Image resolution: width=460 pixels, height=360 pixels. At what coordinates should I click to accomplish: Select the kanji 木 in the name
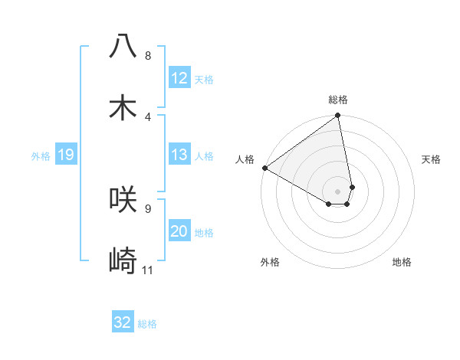pos(123,106)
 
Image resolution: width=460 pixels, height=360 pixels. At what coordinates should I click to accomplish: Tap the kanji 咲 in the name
pos(123,198)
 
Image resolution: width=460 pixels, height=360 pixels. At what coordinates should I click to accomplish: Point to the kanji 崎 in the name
pos(123,260)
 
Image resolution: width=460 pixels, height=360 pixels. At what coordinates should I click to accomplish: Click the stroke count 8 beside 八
pos(147,56)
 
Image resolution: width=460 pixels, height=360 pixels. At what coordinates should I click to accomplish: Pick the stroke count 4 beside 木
pos(147,116)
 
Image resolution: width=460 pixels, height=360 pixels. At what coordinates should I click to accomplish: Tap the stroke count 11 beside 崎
pos(148,270)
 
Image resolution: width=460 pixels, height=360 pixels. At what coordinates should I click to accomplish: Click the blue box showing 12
pos(179,78)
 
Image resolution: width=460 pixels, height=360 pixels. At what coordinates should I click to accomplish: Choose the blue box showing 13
pos(179,155)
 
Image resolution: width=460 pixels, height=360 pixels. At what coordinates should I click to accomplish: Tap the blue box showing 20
pos(179,231)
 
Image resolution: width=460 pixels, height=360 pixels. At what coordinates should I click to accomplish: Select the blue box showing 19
pos(65,155)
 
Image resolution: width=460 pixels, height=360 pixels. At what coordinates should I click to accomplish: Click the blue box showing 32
pos(123,322)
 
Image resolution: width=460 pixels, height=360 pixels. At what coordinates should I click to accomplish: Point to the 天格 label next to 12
pos(204,80)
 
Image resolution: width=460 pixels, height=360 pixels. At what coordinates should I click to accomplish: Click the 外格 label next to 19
pos(41,156)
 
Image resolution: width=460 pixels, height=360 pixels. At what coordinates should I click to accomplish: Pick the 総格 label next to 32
pos(147,324)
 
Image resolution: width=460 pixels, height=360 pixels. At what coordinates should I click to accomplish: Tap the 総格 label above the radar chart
pos(338,100)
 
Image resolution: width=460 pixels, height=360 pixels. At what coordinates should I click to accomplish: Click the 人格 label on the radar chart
pos(245,159)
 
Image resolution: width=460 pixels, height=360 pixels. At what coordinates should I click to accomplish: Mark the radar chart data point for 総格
pos(338,116)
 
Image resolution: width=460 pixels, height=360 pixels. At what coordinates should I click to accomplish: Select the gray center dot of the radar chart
pos(338,191)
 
